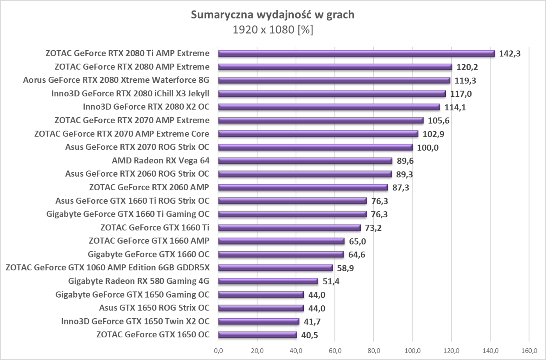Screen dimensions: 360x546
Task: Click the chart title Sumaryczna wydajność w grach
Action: point(273,15)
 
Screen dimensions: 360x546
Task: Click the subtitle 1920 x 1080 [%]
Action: point(273,30)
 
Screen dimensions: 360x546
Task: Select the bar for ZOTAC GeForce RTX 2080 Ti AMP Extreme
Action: point(356,53)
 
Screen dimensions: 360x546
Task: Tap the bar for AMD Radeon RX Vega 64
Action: point(305,161)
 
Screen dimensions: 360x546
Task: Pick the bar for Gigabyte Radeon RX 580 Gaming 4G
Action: point(268,281)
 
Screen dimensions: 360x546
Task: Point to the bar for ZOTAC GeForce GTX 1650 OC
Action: point(257,335)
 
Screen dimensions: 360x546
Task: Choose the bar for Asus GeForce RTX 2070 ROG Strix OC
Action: point(315,147)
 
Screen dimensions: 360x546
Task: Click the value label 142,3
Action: point(510,54)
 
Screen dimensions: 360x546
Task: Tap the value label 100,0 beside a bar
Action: point(428,147)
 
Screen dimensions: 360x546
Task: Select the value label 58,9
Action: point(346,268)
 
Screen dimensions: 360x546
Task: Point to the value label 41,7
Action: point(312,322)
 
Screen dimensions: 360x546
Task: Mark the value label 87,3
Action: point(401,188)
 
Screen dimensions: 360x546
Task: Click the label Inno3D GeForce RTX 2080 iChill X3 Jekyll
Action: point(130,94)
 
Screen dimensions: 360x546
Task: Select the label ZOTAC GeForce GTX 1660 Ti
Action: point(155,227)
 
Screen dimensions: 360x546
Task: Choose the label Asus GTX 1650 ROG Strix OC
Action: point(154,308)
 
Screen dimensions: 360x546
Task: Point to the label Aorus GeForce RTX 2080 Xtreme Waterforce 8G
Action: point(116,80)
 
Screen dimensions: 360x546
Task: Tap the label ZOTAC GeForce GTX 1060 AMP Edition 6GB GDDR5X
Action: point(108,268)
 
